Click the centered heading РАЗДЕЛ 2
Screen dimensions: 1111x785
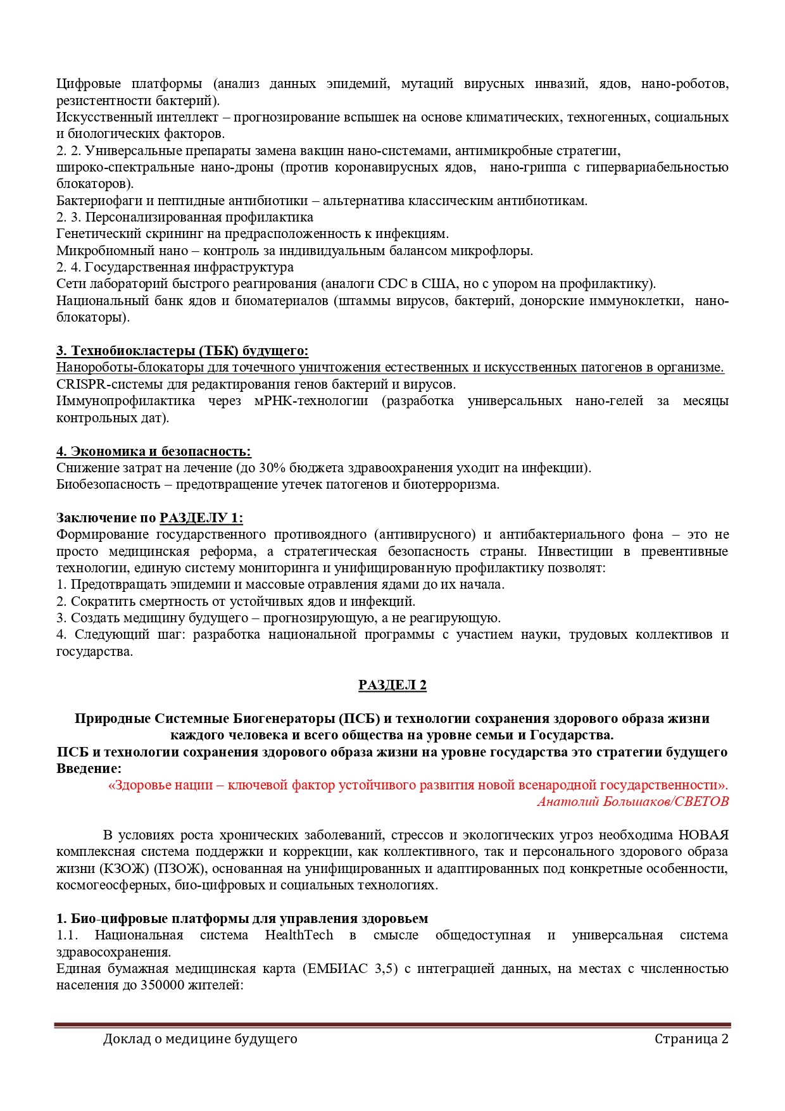(x=392, y=685)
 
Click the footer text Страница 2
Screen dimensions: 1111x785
(x=691, y=1039)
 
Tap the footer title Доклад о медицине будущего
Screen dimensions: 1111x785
(x=200, y=1039)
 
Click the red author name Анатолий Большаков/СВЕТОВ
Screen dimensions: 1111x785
(x=632, y=801)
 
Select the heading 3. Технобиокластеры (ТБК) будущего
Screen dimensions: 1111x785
(x=182, y=351)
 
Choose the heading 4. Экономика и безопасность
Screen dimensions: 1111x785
(x=154, y=451)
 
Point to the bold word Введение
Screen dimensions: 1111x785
(x=89, y=769)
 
